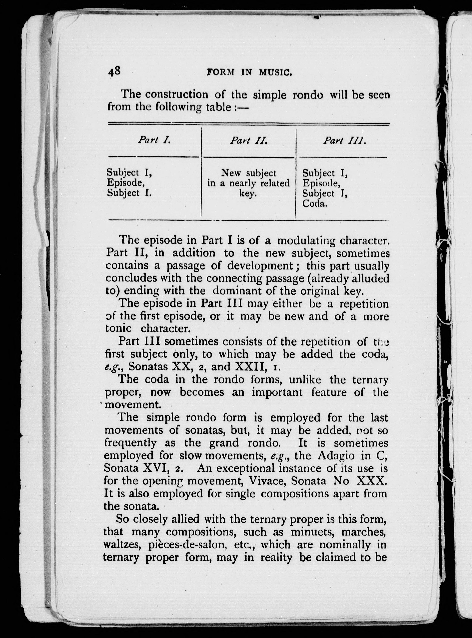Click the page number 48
pyautogui.click(x=114, y=71)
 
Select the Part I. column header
pyautogui.click(x=154, y=140)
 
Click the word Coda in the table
pyautogui.click(x=315, y=204)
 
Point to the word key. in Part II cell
pyautogui.click(x=248, y=194)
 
